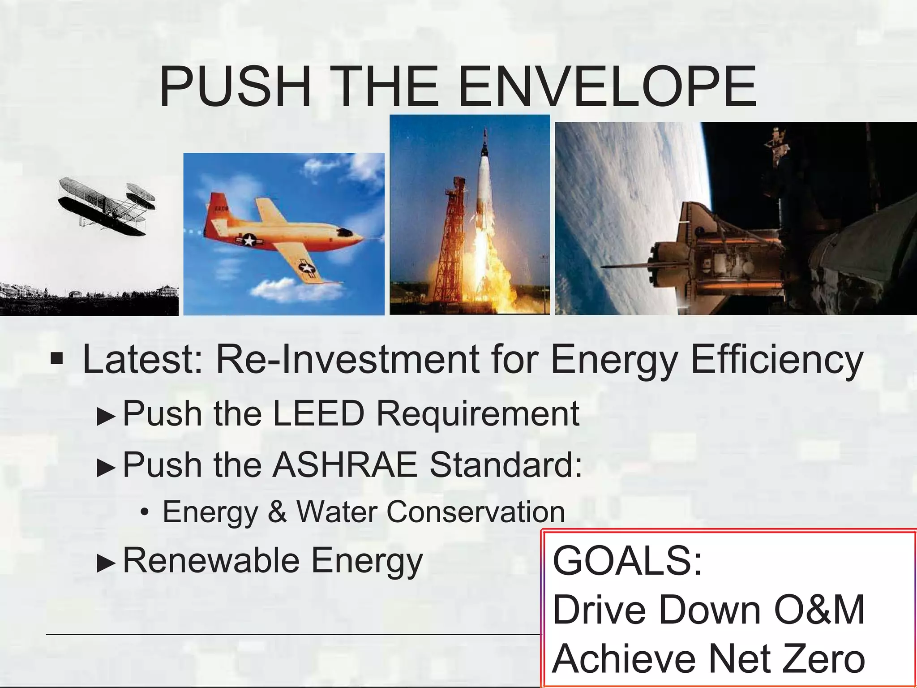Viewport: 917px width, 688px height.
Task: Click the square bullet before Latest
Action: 56,359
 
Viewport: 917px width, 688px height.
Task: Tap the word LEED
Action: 319,413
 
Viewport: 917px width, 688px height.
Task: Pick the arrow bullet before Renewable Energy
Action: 106,563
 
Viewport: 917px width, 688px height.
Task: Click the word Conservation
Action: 476,512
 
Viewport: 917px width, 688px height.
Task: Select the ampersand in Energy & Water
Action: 278,512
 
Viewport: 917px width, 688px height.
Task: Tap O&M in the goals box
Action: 819,610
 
